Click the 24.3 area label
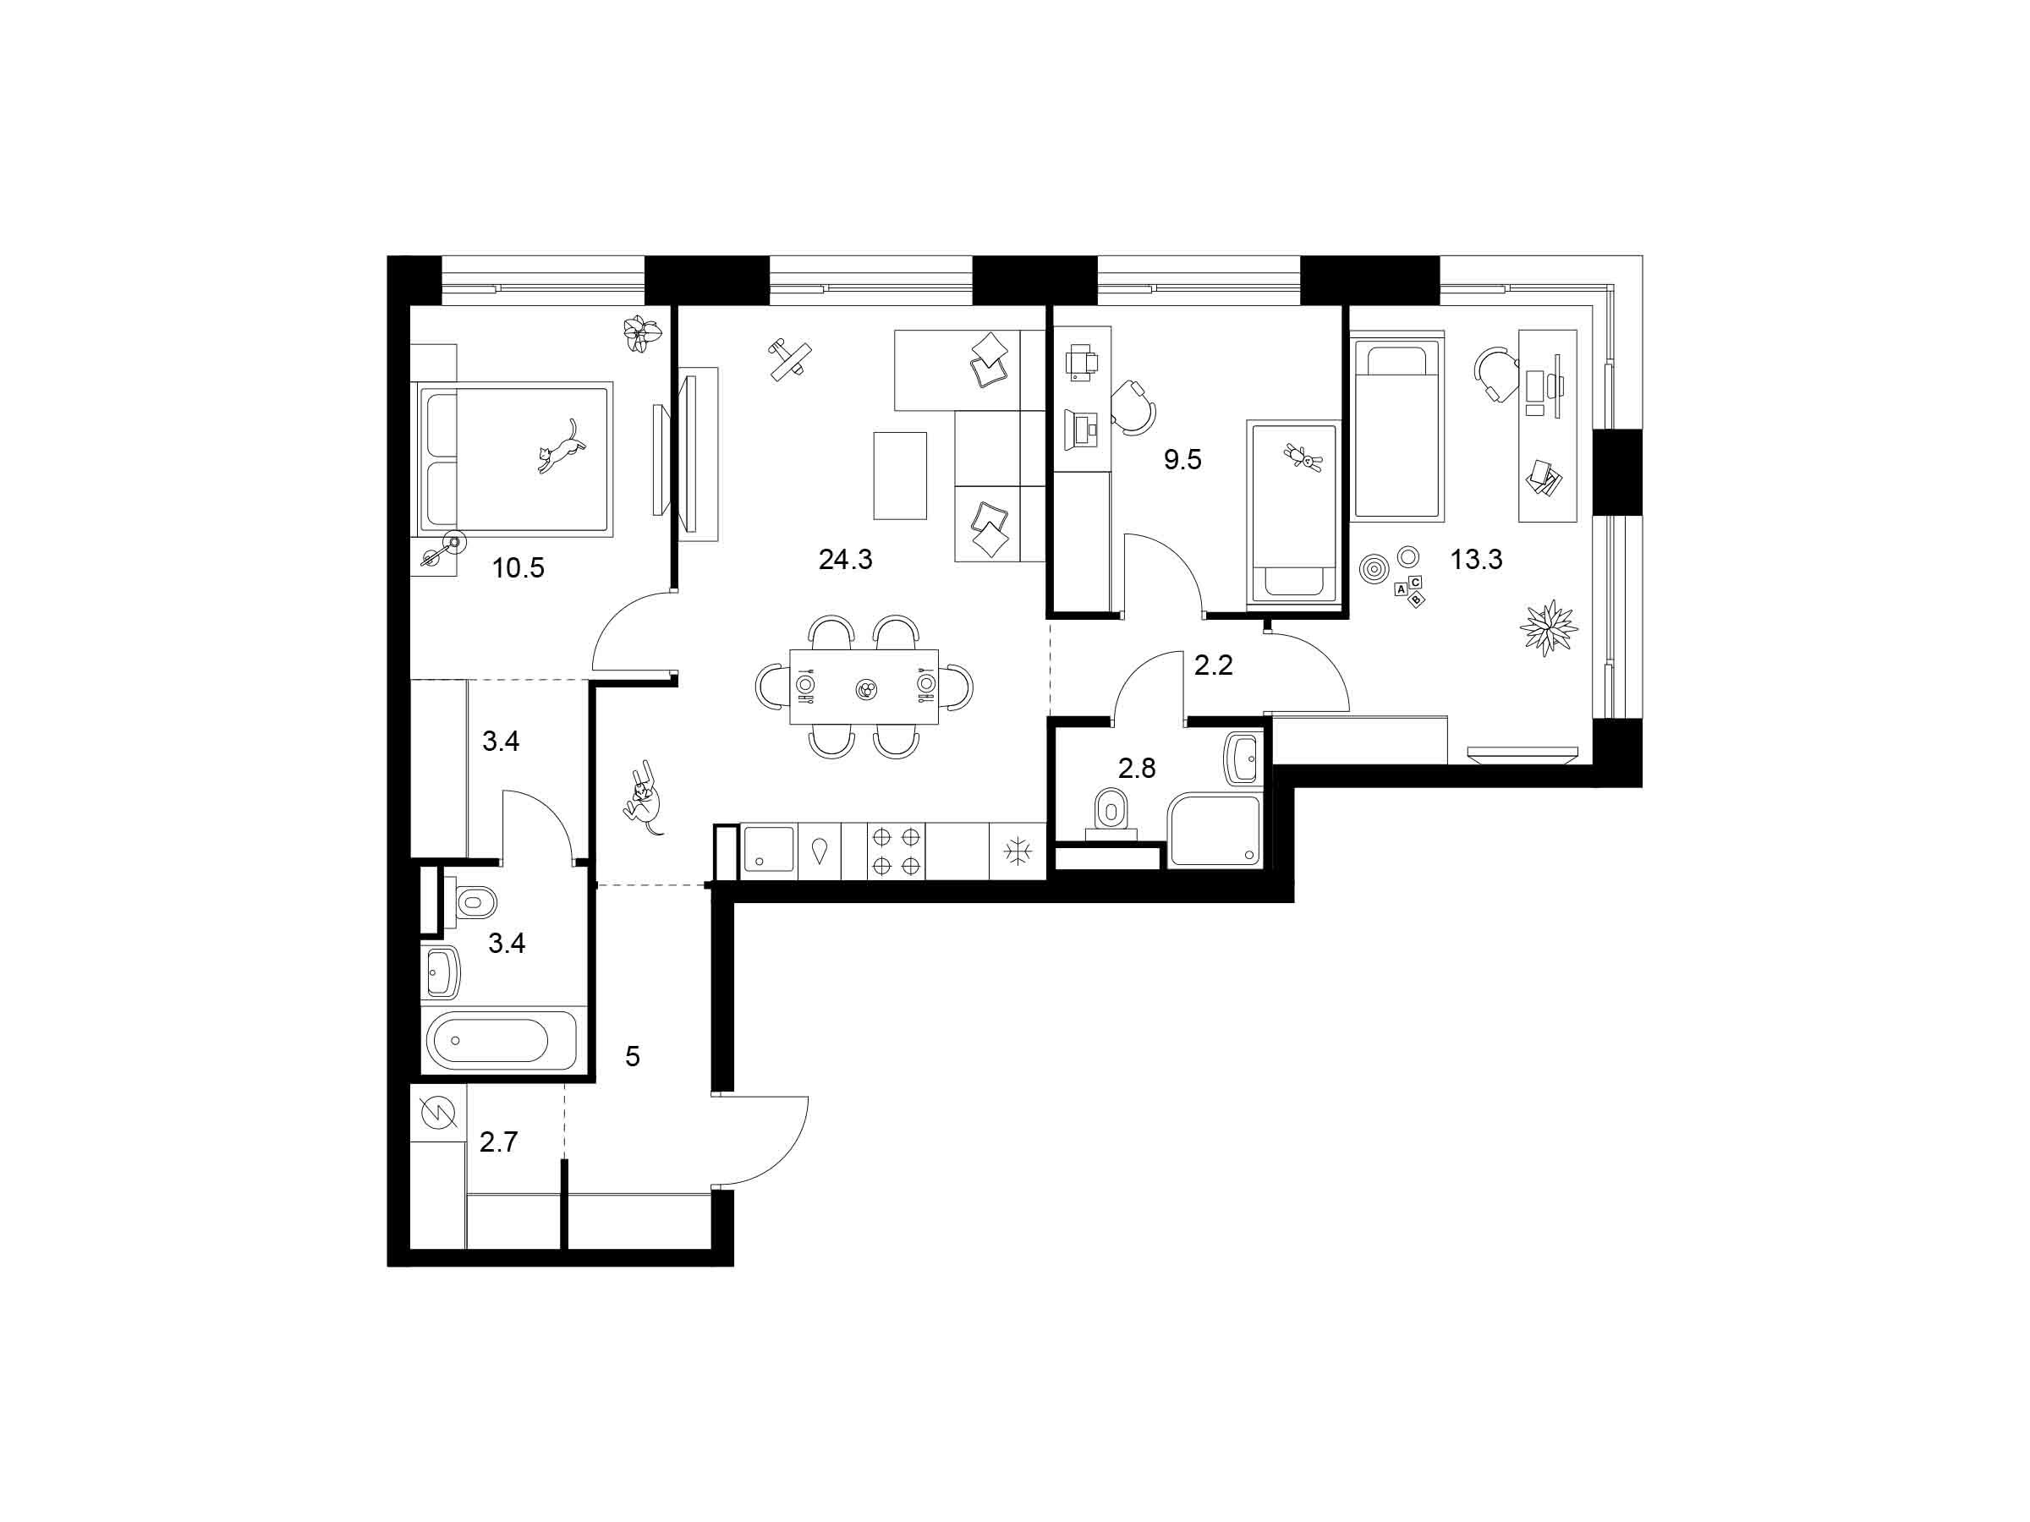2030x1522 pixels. pyautogui.click(x=845, y=559)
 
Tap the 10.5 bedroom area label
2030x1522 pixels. pyautogui.click(x=518, y=568)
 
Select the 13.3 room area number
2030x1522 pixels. pyautogui.click(x=1476, y=559)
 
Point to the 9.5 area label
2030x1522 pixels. pyautogui.click(x=1182, y=458)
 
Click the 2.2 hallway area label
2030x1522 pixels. pyautogui.click(x=1212, y=665)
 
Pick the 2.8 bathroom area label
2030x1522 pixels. pyautogui.click(x=1136, y=768)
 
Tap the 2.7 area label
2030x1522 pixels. pyautogui.click(x=498, y=1141)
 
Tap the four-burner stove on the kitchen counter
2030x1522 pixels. pyautogui.click(x=896, y=851)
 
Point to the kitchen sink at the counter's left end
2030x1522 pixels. pyautogui.click(x=769, y=849)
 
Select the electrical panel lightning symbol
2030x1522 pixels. pyautogui.click(x=438, y=1114)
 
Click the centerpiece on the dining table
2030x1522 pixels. pyautogui.click(x=866, y=689)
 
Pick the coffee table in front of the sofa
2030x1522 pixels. pyautogui.click(x=899, y=476)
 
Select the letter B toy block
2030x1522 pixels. pyautogui.click(x=1416, y=600)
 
